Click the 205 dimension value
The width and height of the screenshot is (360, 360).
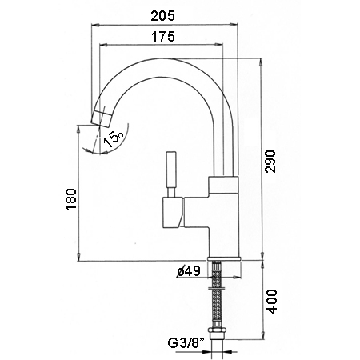tap(162, 16)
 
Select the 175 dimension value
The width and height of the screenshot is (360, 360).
tap(163, 37)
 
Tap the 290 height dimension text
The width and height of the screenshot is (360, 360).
tap(270, 162)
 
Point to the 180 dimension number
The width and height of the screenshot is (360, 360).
tap(71, 199)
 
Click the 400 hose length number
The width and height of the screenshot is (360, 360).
tap(272, 302)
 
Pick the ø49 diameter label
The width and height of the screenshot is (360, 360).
tap(188, 271)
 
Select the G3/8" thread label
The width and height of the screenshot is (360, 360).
tap(186, 343)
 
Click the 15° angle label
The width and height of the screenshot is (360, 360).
tap(113, 138)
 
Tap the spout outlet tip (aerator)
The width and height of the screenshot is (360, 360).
tap(102, 118)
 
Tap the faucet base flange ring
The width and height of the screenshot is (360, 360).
tap(225, 258)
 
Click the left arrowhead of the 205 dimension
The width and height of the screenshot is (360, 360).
tap(95, 25)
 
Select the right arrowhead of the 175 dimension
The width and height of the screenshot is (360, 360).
tap(218, 45)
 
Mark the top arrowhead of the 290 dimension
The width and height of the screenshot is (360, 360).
tap(262, 62)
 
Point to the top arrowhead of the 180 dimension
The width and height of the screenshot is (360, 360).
tap(78, 130)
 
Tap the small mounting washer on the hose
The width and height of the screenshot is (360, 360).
tap(217, 288)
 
